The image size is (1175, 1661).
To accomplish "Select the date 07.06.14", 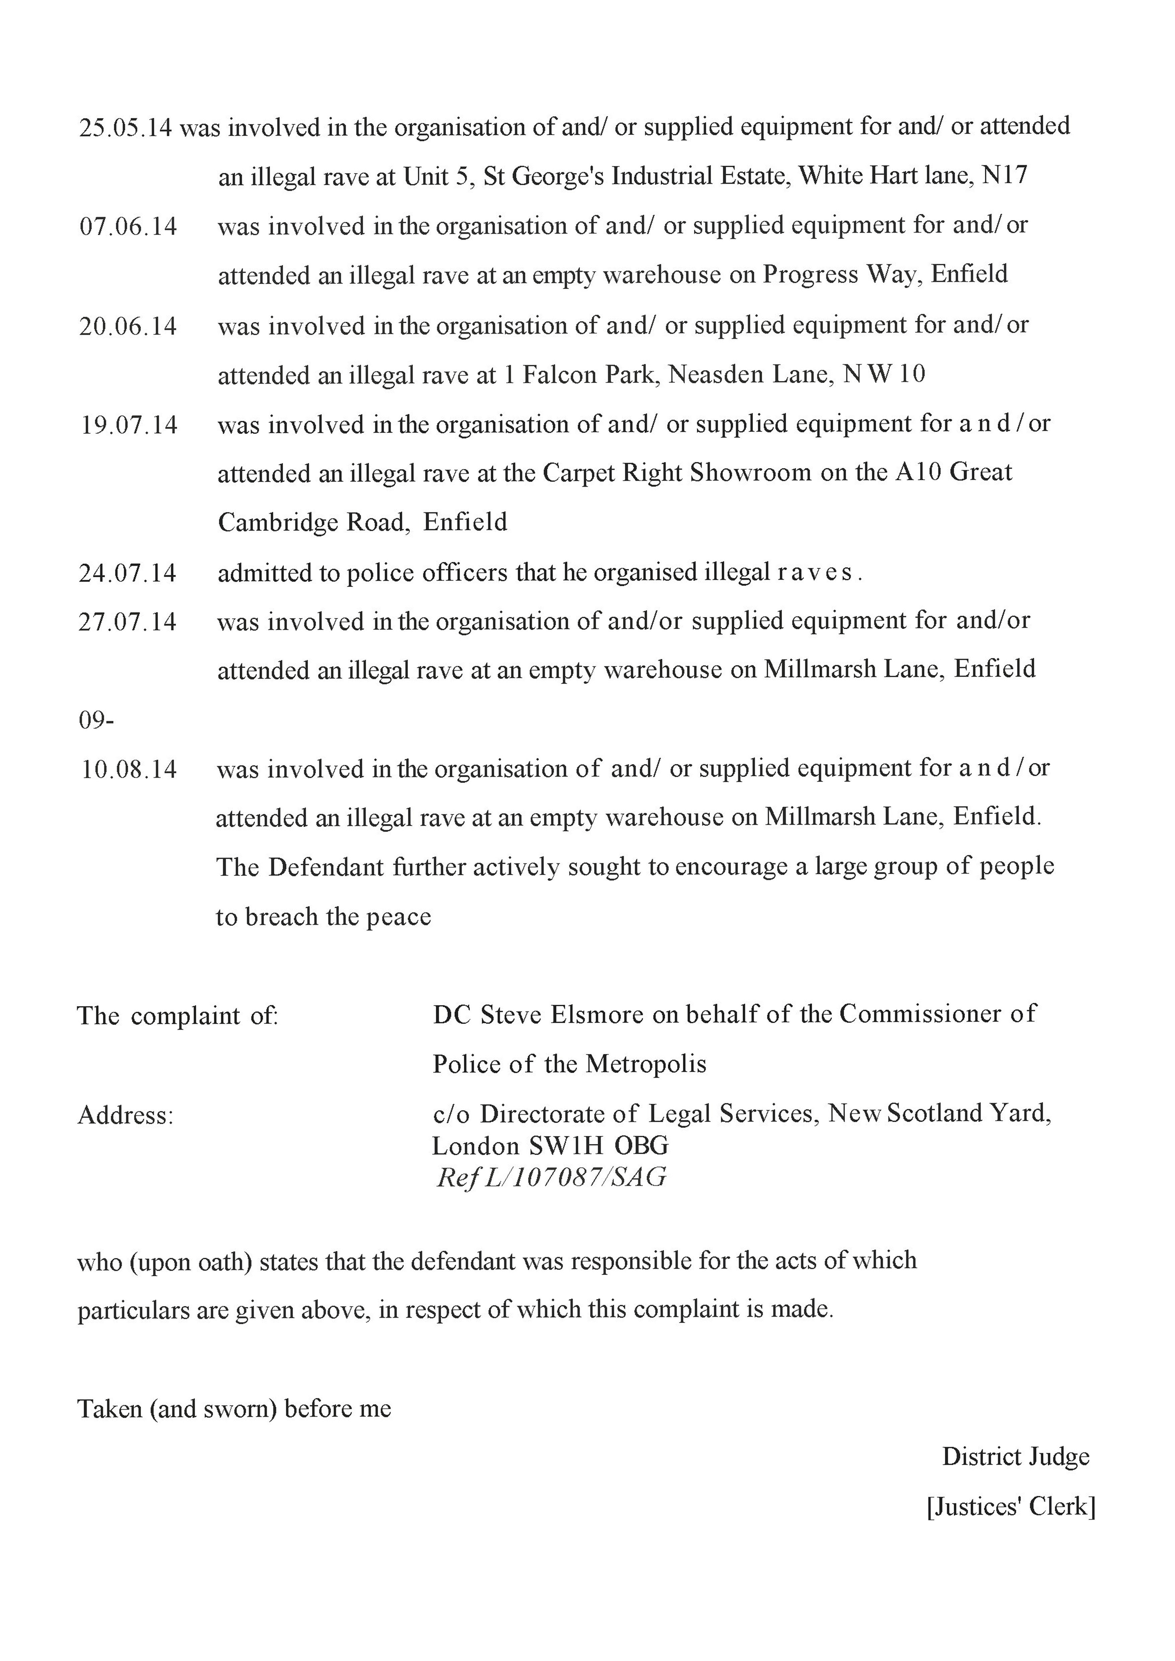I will coord(128,226).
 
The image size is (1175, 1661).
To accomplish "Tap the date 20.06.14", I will coord(128,326).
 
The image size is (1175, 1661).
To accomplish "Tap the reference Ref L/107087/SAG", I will coord(551,1178).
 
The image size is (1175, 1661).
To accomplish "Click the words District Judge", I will coord(1015,1457).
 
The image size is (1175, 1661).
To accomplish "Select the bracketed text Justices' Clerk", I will coord(1011,1507).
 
